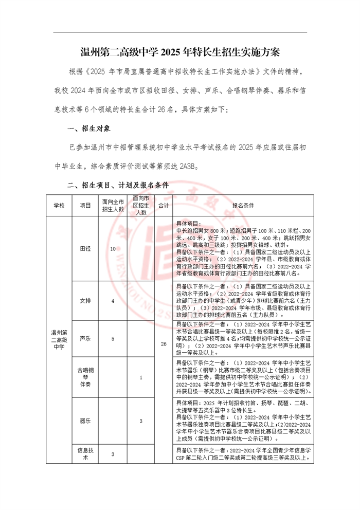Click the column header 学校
[x=60, y=205]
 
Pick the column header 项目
[x=85, y=205]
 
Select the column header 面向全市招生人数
[x=113, y=205]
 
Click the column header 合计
[x=164, y=205]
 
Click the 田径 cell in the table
[x=85, y=248]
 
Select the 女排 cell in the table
[x=85, y=300]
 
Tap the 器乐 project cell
[x=85, y=421]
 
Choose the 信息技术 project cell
[x=85, y=453]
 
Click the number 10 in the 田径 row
[x=113, y=248]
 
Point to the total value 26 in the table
[x=164, y=343]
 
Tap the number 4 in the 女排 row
[x=113, y=300]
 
